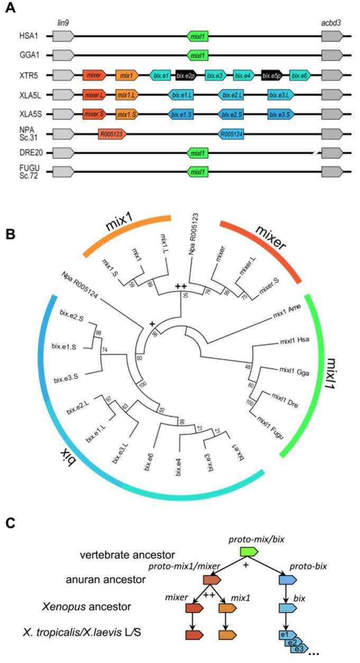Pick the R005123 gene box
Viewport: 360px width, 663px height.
tap(112, 134)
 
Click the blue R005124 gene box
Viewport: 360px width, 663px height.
tap(231, 134)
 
